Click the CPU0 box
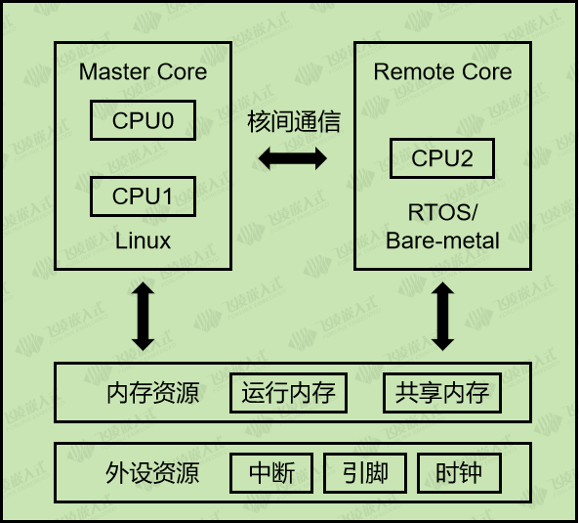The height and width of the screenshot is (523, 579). [143, 121]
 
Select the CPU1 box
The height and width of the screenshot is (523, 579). [143, 196]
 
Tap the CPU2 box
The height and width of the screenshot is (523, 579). [441, 158]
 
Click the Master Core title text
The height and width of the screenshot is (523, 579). [143, 72]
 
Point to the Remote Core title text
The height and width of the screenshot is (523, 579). [442, 72]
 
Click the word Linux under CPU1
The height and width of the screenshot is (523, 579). [143, 240]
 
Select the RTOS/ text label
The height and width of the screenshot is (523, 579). [442, 212]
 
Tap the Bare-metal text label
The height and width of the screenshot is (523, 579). [442, 240]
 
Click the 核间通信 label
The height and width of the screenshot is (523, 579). [294, 122]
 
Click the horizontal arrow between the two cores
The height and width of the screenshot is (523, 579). [293, 158]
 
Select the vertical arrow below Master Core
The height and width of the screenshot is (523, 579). [144, 316]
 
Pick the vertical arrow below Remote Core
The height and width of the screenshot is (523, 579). [442, 316]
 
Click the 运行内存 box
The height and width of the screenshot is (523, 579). [288, 393]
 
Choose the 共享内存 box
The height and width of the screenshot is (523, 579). [441, 393]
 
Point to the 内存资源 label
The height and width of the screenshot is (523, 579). [152, 393]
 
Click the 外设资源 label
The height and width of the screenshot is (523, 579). [152, 473]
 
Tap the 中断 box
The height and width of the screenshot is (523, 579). [271, 473]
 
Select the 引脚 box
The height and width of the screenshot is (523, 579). [365, 473]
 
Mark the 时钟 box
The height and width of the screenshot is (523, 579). [459, 473]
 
